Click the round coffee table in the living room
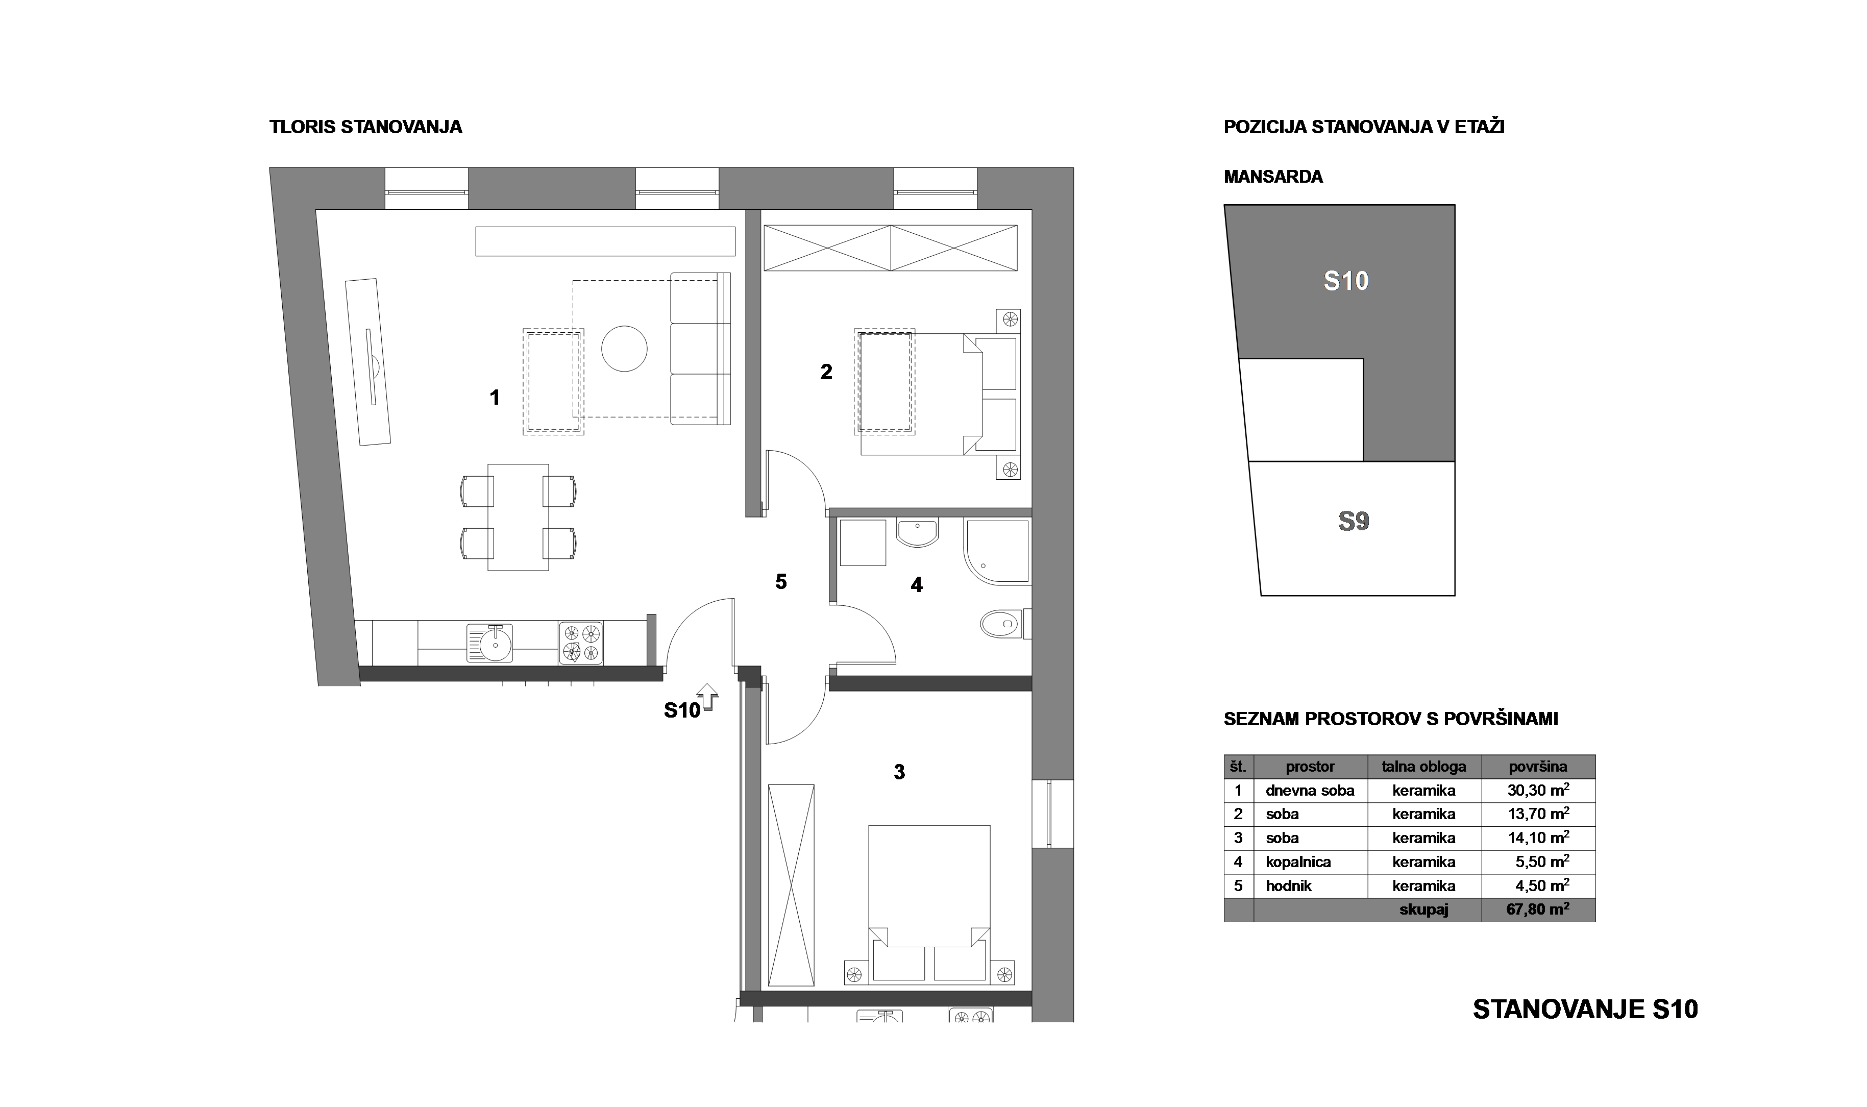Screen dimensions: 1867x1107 (624, 349)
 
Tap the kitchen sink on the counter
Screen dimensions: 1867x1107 (489, 642)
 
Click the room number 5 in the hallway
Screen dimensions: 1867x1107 (781, 581)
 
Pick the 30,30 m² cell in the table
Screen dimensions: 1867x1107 (1538, 790)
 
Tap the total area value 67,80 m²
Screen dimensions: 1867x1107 (1538, 910)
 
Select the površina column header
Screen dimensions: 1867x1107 (1538, 766)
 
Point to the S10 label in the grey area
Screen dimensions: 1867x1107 (1346, 281)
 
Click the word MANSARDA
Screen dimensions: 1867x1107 (1273, 177)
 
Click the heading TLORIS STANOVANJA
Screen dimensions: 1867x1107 (365, 127)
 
